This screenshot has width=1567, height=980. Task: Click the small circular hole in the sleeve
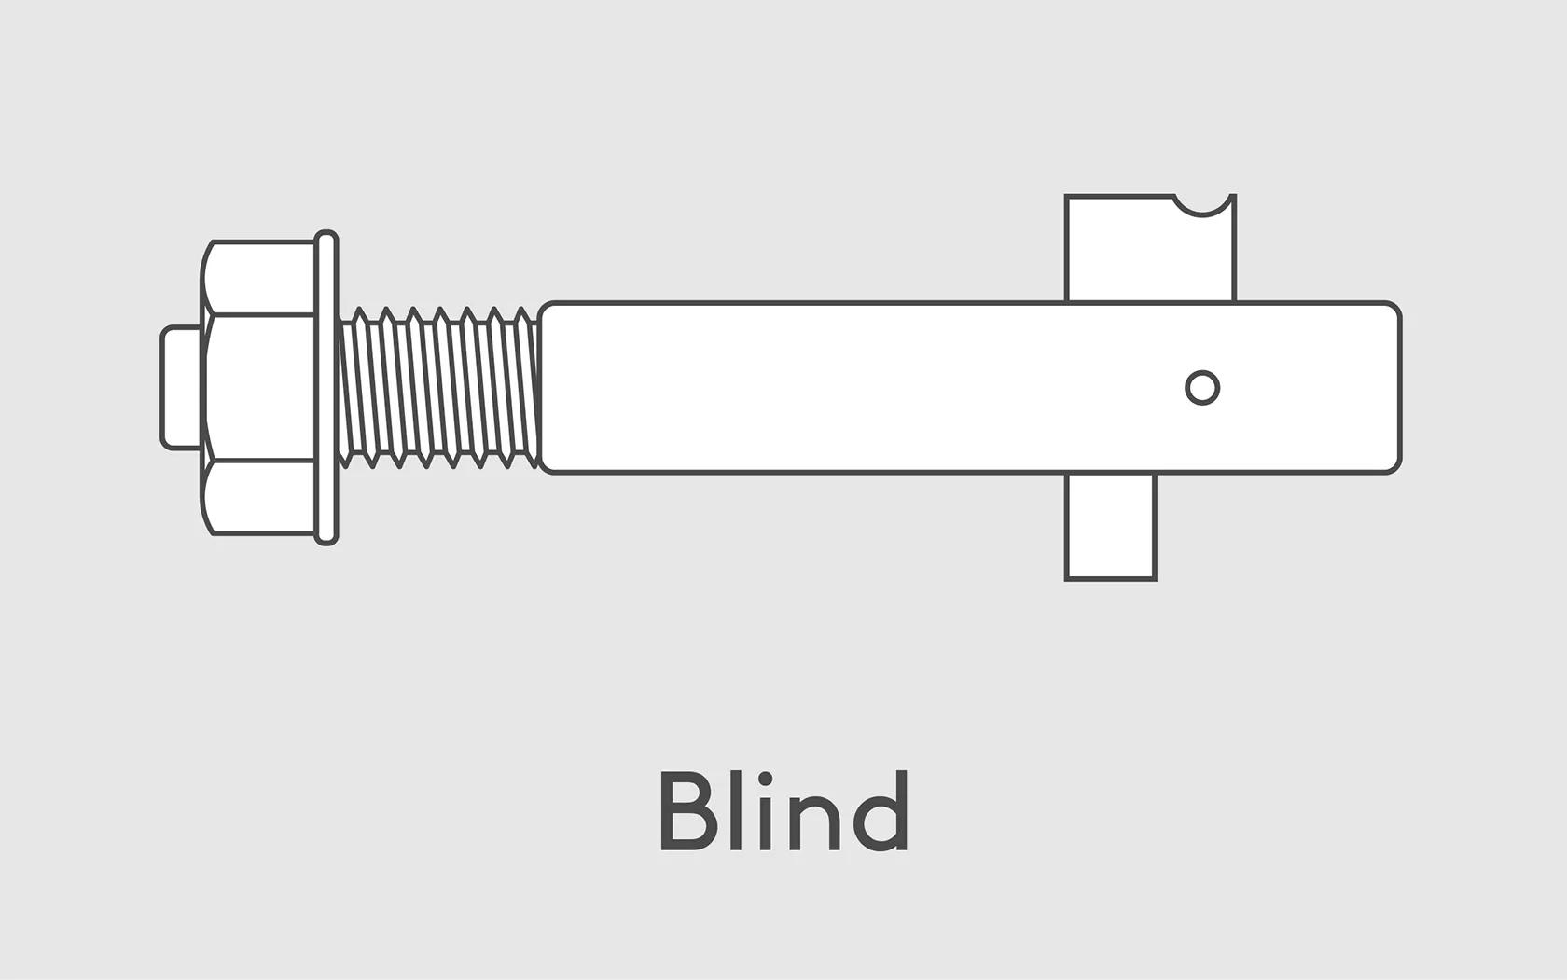click(1202, 387)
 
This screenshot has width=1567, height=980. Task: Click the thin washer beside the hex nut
click(326, 387)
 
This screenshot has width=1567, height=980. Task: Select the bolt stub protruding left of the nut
click(181, 387)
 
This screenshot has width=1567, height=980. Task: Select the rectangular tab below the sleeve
click(1110, 526)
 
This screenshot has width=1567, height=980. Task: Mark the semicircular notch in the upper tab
click(1202, 202)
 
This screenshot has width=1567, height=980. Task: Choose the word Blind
click(783, 811)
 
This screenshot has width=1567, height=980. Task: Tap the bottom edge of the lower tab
click(1110, 579)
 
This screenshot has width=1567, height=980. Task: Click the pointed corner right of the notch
click(1232, 197)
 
